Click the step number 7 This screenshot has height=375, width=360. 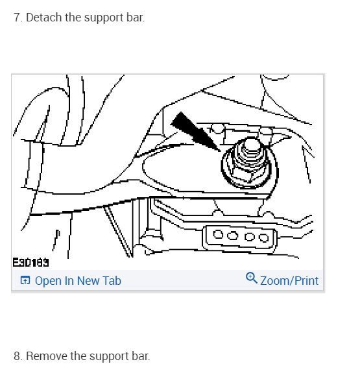pyautogui.click(x=18, y=18)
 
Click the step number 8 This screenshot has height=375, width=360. pyautogui.click(x=18, y=356)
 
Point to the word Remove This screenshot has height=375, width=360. pyautogui.click(x=46, y=356)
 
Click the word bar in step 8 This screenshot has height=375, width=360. pyautogui.click(x=140, y=356)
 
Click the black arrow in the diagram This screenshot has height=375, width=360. pyautogui.click(x=193, y=130)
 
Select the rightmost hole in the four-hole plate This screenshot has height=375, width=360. pyautogui.click(x=264, y=237)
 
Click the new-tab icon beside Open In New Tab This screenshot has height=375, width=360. pyautogui.click(x=25, y=281)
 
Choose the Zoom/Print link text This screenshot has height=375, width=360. pyautogui.click(x=289, y=281)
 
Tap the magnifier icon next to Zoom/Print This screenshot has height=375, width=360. pyautogui.click(x=252, y=279)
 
